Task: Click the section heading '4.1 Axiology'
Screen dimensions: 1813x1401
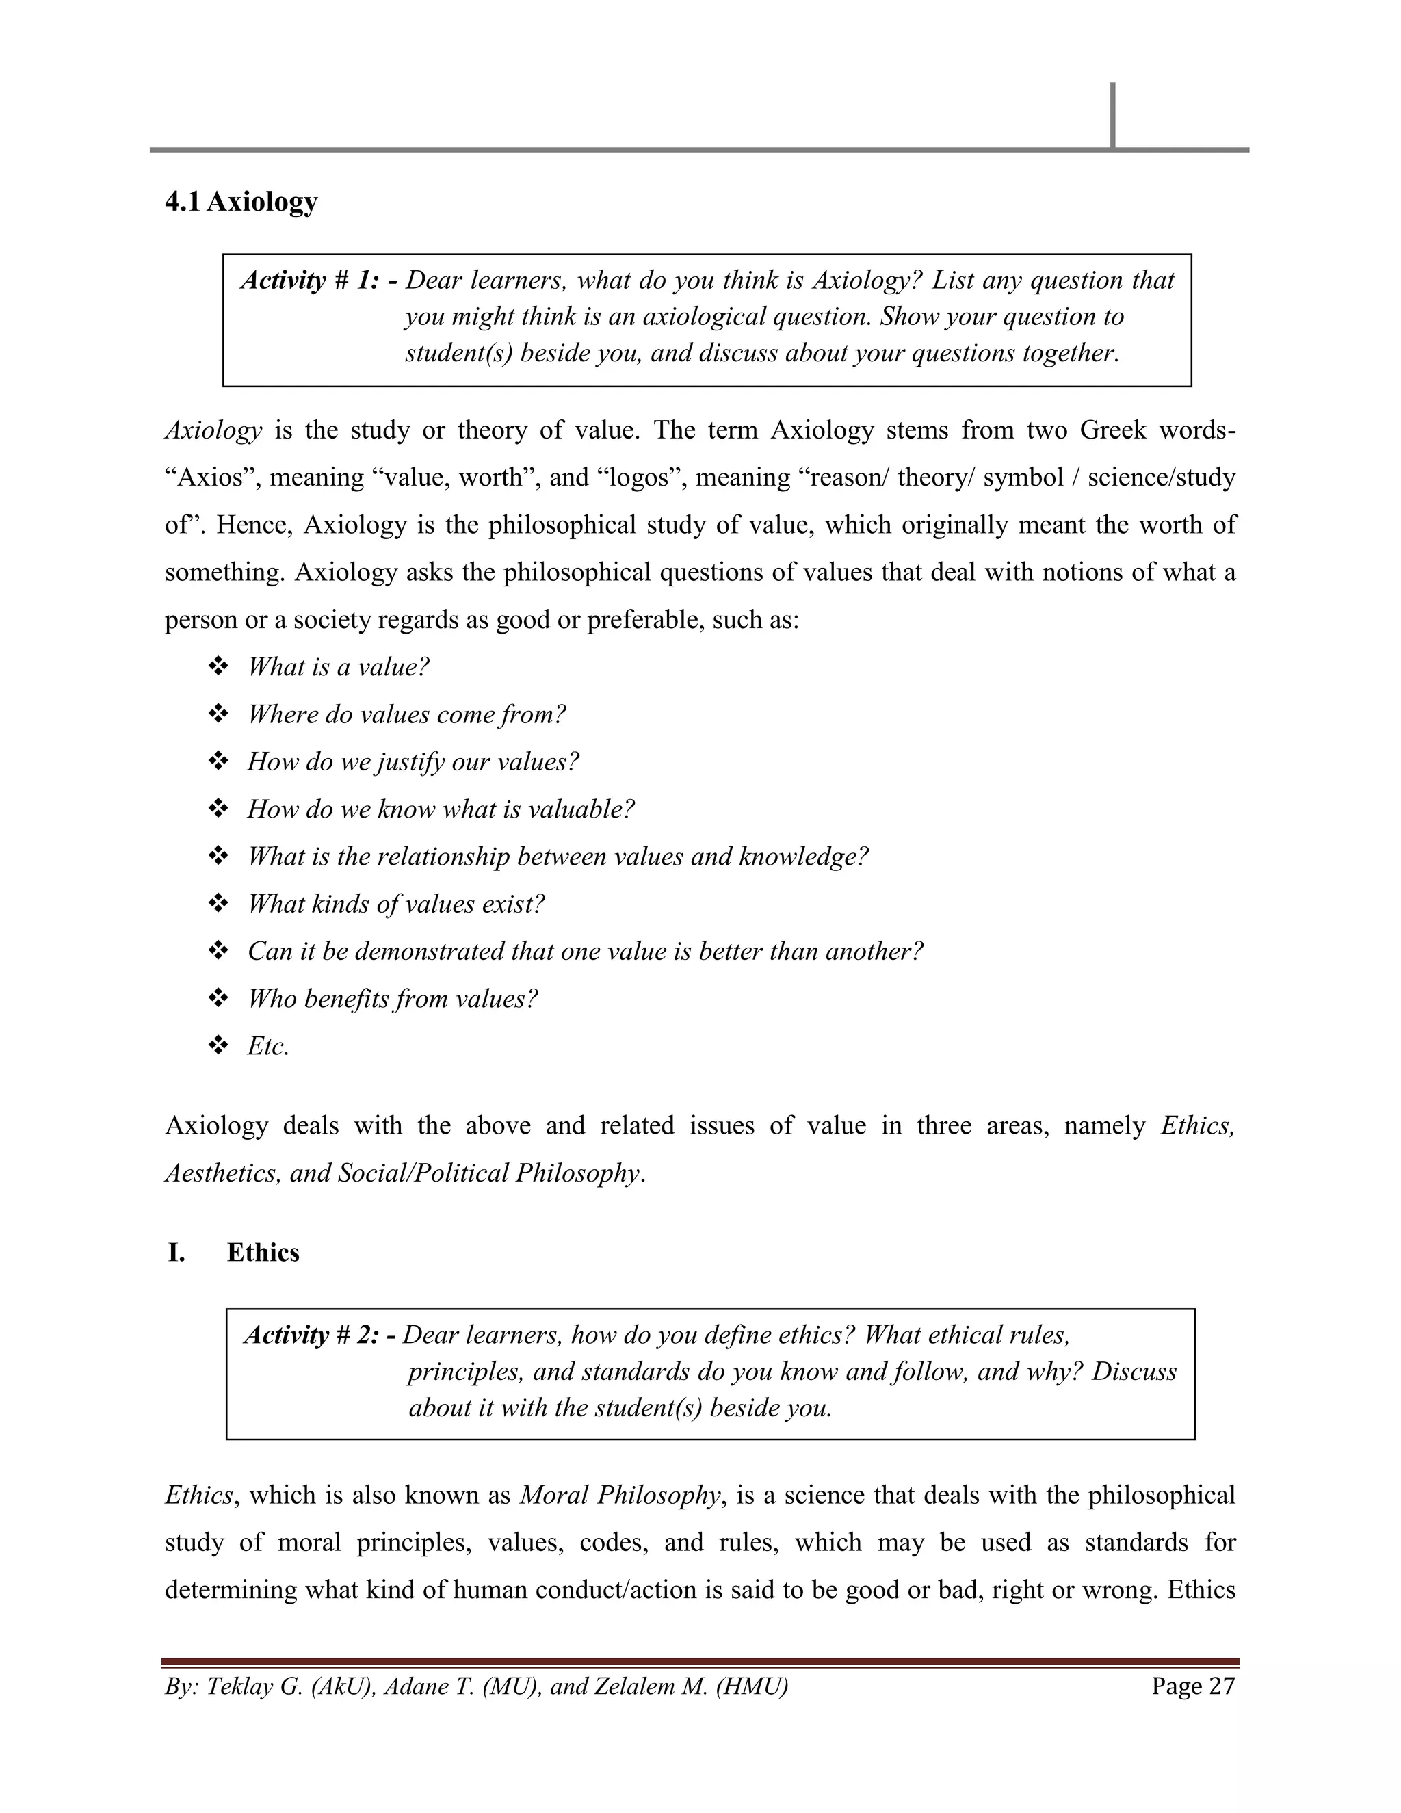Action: click(x=241, y=202)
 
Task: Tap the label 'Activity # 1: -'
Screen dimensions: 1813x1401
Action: click(x=318, y=281)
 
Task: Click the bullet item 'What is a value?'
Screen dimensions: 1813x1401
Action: click(x=338, y=666)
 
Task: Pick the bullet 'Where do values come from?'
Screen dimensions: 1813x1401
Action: click(x=406, y=714)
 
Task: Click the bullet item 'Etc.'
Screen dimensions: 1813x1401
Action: click(x=268, y=1046)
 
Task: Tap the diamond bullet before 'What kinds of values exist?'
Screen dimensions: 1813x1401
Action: click(x=218, y=903)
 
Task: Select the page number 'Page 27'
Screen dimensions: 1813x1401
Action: click(x=1192, y=1686)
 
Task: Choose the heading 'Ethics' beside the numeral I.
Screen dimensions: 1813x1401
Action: click(x=263, y=1252)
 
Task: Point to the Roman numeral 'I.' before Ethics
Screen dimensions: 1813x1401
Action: click(x=176, y=1252)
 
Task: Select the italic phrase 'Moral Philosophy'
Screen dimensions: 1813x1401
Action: click(x=620, y=1494)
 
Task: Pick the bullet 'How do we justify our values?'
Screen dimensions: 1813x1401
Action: click(x=413, y=761)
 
